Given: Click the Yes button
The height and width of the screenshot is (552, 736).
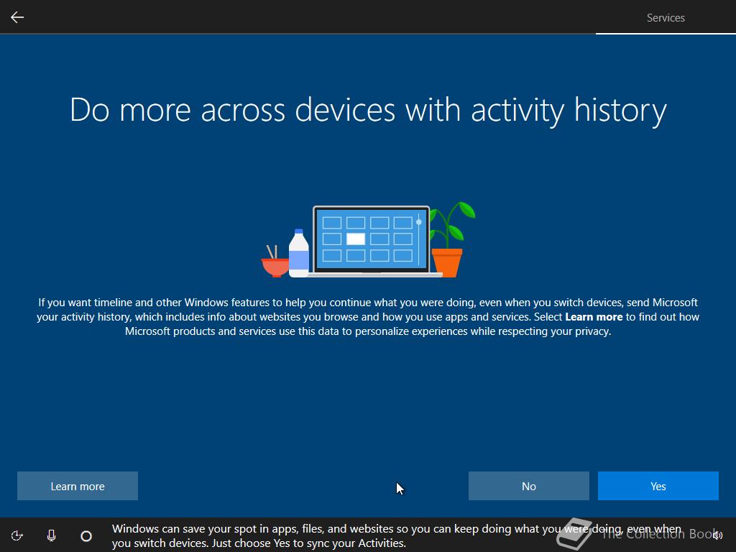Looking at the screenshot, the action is coord(658,486).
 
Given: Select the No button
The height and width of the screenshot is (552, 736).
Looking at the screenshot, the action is coord(528,486).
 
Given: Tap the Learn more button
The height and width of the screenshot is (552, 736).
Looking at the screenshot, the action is coord(78,486).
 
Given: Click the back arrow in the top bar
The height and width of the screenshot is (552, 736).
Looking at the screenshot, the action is coord(17,17).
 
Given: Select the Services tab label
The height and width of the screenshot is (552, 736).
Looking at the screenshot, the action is coord(666,18).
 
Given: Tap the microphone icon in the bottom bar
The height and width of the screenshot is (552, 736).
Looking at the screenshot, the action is coord(52,535).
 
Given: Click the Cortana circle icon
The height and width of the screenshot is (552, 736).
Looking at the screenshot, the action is coord(86,536).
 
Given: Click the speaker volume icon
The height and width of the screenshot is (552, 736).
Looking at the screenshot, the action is coord(717,535).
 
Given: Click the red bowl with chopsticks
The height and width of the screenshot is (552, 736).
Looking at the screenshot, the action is coord(275,262).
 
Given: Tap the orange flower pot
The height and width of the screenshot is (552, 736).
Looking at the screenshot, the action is coord(447,263).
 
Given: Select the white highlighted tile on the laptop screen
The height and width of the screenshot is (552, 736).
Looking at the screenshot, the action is coord(355,239).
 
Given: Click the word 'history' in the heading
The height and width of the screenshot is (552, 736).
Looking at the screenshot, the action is coord(620,110).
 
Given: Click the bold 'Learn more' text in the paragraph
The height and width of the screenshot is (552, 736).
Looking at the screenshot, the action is coord(594,317).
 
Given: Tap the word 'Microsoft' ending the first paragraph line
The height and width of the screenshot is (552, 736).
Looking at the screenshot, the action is coord(675,303).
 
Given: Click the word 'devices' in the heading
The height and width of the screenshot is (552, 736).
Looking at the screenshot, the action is coord(345,110).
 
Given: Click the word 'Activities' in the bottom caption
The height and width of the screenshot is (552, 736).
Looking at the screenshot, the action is coord(381,543).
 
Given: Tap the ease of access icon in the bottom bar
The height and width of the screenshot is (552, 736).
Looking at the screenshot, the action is coord(17,535).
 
